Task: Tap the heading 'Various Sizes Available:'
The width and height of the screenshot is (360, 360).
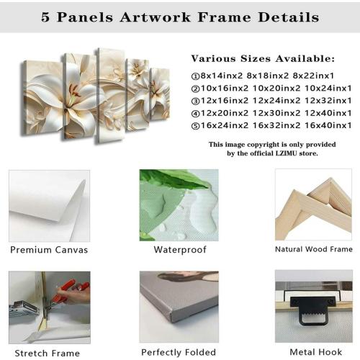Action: coord(263,58)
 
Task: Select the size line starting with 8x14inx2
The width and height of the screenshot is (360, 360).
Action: coord(271,76)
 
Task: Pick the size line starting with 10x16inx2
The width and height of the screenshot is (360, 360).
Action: coord(271,89)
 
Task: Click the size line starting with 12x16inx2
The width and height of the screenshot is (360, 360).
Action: coord(271,101)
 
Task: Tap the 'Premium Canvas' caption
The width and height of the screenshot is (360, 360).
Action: coord(49,250)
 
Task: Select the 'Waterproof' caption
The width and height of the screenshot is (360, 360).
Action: coord(180,250)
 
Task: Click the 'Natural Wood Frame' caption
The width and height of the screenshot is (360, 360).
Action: coord(314,249)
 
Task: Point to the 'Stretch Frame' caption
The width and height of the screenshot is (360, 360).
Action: coord(47,352)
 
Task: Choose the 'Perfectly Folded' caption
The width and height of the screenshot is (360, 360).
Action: coord(179,352)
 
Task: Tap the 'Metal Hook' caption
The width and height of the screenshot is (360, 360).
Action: coord(313,352)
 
